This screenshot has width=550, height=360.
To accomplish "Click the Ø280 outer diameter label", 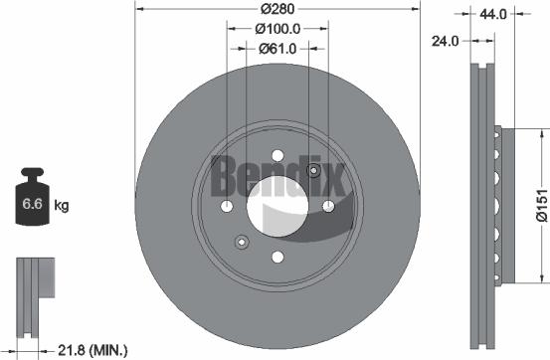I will (x=276, y=11).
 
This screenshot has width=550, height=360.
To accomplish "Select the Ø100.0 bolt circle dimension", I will (x=276, y=30).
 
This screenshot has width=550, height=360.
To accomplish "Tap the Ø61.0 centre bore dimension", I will (x=276, y=48).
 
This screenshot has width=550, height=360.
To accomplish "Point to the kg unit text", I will (x=62, y=207).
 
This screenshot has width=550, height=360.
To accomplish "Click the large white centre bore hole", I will (x=276, y=206).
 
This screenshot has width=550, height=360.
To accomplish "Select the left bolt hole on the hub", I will (x=228, y=207).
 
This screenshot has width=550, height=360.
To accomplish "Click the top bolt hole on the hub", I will (x=276, y=157).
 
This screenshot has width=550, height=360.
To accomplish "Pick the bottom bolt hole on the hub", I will (x=276, y=256).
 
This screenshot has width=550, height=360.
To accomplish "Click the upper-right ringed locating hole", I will (x=314, y=172).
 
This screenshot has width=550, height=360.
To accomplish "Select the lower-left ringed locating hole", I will (x=239, y=241).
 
